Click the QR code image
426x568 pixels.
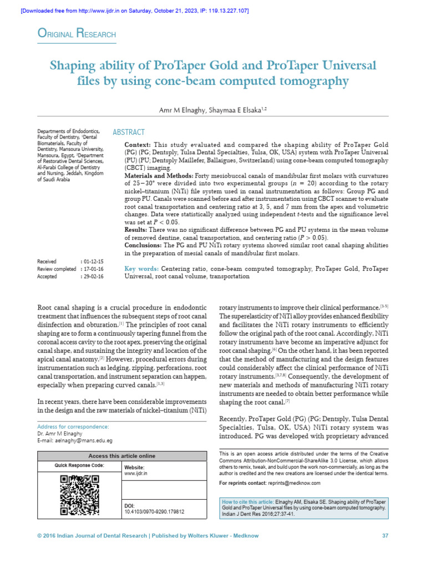point(79,495)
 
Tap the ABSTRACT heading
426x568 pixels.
point(129,132)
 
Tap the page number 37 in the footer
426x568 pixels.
point(385,535)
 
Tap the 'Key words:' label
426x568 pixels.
point(142,268)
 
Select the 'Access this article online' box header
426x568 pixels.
point(122,455)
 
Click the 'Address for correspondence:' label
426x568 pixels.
point(73,427)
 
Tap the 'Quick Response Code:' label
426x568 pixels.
point(79,465)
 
